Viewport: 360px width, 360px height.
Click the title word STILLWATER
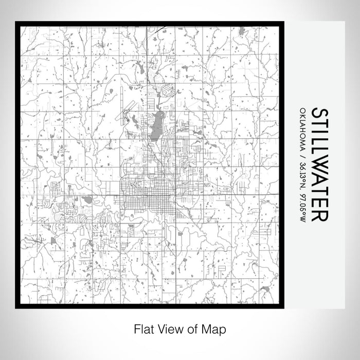pyautogui.click(x=318, y=165)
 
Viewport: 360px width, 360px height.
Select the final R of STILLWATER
pyautogui.click(x=318, y=215)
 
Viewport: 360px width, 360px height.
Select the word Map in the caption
pyautogui.click(x=213, y=329)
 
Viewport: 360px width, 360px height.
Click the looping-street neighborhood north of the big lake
pyautogui.click(x=167, y=92)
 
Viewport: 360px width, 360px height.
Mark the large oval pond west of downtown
pyautogui.click(x=87, y=200)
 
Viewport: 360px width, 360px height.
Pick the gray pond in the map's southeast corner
pyautogui.click(x=265, y=289)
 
